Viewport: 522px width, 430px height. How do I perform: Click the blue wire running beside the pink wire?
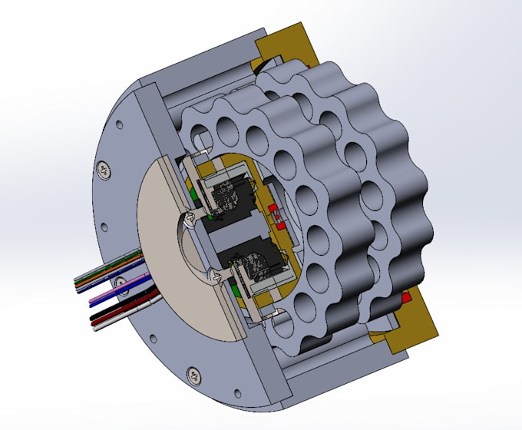pyautogui.click(x=107, y=289)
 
